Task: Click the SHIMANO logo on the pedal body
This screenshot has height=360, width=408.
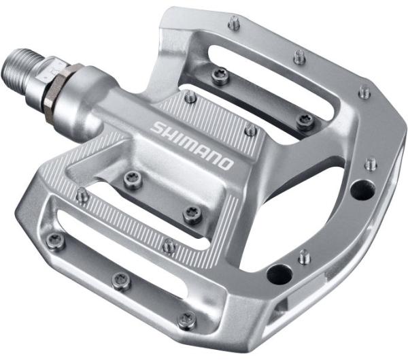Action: (192, 144)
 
